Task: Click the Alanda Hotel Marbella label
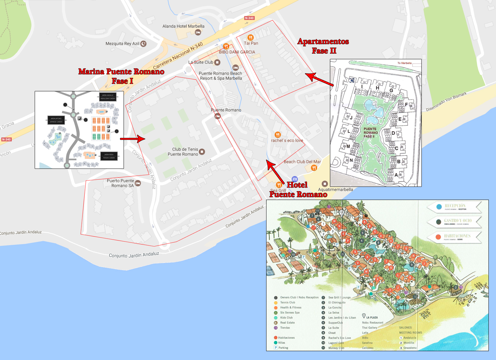coord(183,26)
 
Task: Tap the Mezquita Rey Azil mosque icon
coord(143,44)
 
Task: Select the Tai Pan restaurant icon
coord(250,37)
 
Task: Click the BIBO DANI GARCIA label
coord(237,52)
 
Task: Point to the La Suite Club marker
coord(217,62)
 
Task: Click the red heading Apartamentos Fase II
coord(323,46)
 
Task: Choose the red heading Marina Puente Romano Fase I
coord(121,76)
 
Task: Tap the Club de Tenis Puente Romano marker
coord(202,152)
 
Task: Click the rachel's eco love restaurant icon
coord(278,135)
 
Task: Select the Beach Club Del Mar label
coord(302,162)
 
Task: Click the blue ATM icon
coord(295,179)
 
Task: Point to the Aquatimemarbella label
coord(335,189)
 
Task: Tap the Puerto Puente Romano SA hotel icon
coord(138,183)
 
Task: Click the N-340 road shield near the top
coord(249,18)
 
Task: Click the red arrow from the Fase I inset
coord(132,139)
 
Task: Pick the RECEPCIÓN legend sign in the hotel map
coord(454,207)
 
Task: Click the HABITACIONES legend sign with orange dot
coord(454,237)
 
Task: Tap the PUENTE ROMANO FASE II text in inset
coord(370,133)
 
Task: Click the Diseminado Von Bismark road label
coord(446,102)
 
